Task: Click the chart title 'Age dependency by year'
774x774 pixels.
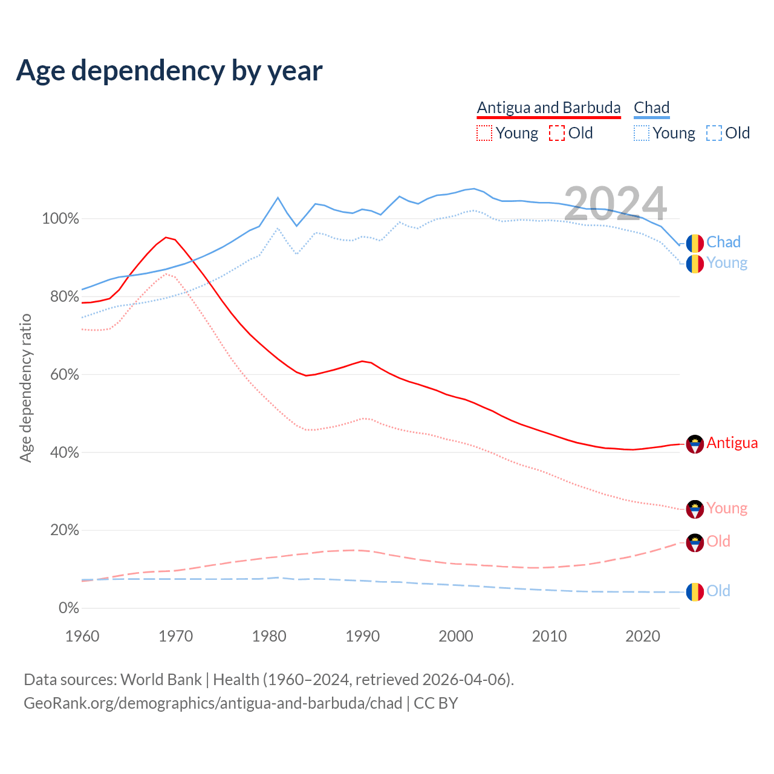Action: (169, 71)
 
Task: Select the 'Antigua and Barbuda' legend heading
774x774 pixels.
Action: (548, 108)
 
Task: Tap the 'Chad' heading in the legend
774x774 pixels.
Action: (651, 108)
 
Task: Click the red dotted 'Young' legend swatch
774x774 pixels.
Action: (484, 133)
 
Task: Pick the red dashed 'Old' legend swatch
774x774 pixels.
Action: (557, 133)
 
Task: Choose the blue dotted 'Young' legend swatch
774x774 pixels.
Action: (642, 133)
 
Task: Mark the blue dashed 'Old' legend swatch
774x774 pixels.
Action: (714, 133)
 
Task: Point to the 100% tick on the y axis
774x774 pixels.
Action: (60, 219)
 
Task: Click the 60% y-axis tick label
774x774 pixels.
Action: (64, 375)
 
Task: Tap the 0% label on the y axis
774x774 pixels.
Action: (68, 608)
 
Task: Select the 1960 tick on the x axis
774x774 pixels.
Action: (82, 636)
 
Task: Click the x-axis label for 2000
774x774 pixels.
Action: (456, 636)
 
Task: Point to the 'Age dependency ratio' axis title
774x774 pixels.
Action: (25, 388)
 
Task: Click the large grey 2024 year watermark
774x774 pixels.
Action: (615, 204)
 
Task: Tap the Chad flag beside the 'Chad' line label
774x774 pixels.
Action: (695, 243)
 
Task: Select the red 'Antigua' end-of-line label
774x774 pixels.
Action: (732, 443)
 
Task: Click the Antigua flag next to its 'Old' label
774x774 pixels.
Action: (695, 542)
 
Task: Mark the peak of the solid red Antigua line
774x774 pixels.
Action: (166, 237)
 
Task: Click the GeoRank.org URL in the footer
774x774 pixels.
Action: (213, 703)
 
